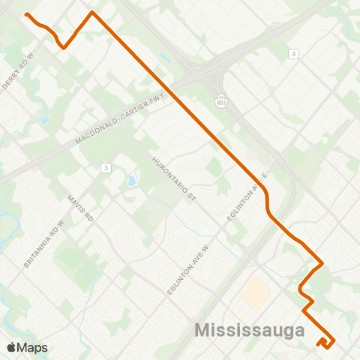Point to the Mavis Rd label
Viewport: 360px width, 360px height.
tap(79, 208)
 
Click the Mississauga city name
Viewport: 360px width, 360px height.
tap(249, 330)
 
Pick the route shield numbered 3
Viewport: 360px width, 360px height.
tap(107, 167)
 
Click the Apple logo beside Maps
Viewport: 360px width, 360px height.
tap(11, 347)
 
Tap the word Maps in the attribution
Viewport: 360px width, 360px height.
tap(33, 347)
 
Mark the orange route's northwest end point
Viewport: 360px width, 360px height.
tap(27, 14)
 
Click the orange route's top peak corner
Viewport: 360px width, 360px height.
tap(91, 12)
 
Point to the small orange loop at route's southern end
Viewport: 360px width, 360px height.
tap(324, 342)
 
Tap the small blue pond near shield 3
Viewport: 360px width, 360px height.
tap(132, 181)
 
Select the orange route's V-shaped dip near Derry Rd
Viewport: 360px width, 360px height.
tap(64, 46)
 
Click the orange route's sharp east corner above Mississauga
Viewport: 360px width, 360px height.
tap(322, 263)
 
